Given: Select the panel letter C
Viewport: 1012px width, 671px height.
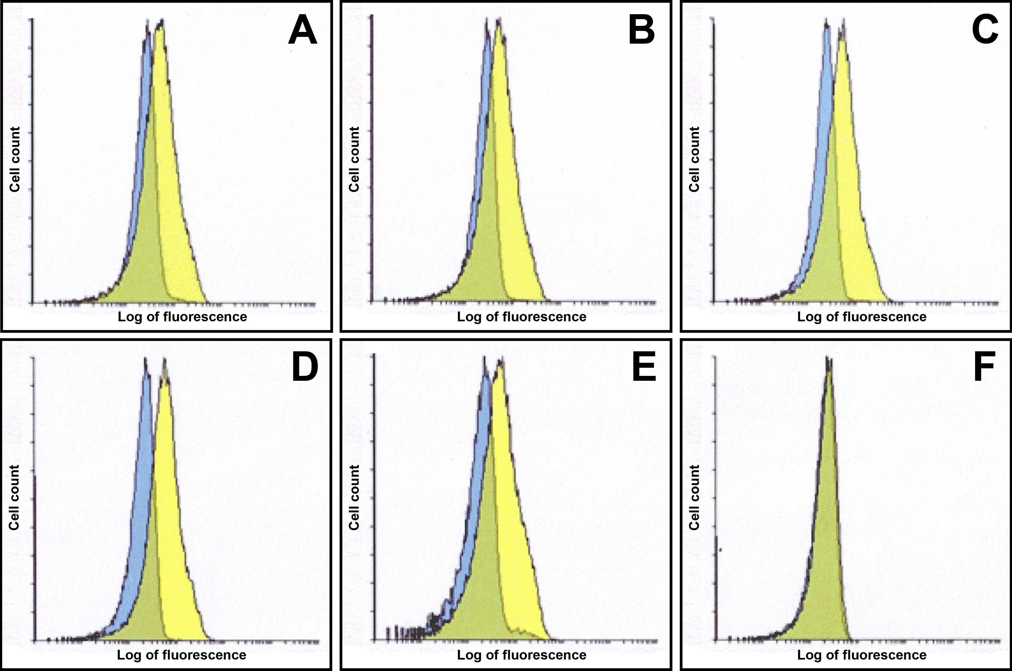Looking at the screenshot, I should (x=985, y=32).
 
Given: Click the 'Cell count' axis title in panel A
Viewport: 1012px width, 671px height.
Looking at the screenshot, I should (x=15, y=159).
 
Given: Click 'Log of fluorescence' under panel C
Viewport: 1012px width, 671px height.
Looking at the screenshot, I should (x=862, y=317).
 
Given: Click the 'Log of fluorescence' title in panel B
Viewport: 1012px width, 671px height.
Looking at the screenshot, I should (x=522, y=317).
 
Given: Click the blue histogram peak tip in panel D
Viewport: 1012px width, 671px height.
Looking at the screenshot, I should (x=145, y=360).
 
